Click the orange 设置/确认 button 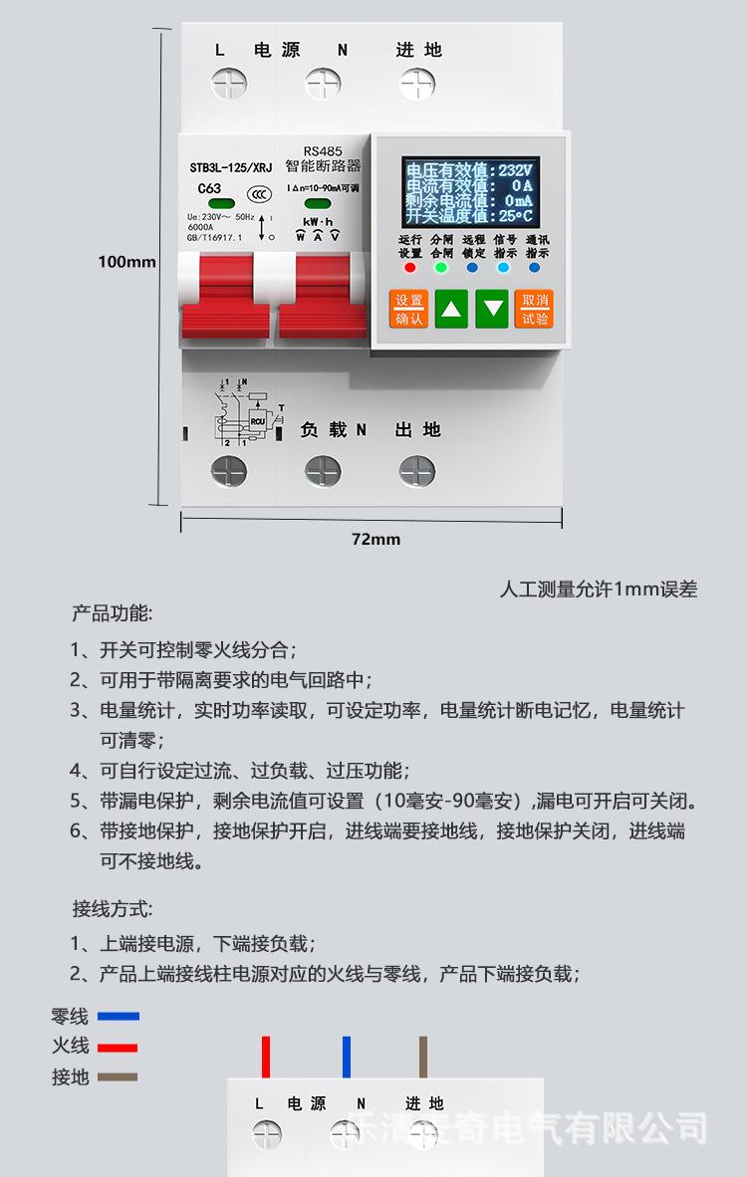click(409, 309)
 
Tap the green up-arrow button click(453, 309)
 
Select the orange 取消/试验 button click(535, 309)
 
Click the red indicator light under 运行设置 click(409, 268)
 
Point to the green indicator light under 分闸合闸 click(441, 268)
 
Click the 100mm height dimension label click(126, 262)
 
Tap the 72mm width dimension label click(375, 539)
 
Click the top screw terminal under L click(227, 83)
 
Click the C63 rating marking click(209, 188)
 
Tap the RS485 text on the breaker click(323, 151)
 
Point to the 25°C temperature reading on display click(516, 215)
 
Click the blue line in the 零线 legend click(118, 1017)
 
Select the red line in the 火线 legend click(118, 1048)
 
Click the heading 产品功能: click(112, 611)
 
